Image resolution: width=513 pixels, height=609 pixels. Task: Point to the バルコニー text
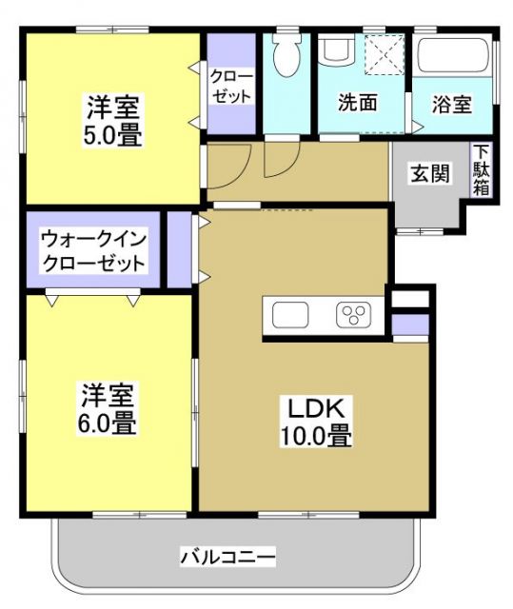coord(227,557)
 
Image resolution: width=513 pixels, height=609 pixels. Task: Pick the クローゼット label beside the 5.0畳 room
coord(230,86)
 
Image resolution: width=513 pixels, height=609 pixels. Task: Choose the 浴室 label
coord(450,103)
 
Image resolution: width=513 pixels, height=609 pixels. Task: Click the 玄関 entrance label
coord(429,174)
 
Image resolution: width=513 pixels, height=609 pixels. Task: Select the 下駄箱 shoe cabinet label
coord(483,171)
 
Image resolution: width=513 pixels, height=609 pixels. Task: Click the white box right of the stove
coord(410,298)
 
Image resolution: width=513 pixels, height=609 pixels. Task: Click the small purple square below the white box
coord(410,324)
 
